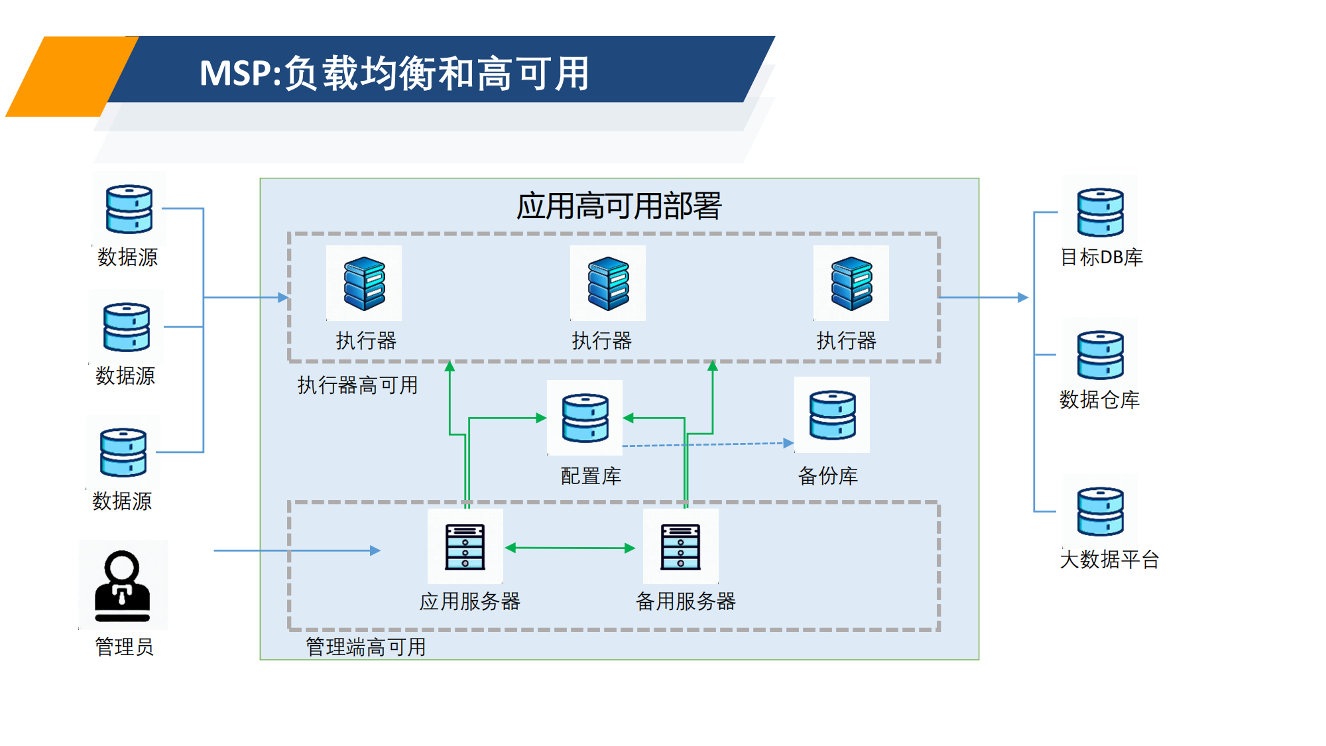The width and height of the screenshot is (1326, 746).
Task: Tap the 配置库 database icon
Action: pyautogui.click(x=585, y=418)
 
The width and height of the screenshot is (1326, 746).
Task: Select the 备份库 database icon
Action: pyautogui.click(x=832, y=415)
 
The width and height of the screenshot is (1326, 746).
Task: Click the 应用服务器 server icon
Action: pyautogui.click(x=465, y=546)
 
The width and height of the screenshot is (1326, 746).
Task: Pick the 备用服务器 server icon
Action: pyautogui.click(x=680, y=546)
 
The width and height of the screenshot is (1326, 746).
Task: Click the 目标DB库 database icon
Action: pyautogui.click(x=1100, y=212)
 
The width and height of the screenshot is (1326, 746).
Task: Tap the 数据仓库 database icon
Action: pyautogui.click(x=1100, y=355)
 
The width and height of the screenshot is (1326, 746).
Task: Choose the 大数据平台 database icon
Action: pyautogui.click(x=1100, y=511)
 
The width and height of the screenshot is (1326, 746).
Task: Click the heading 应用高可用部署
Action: pyautogui.click(x=619, y=206)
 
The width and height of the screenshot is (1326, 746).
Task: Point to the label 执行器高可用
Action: pyautogui.click(x=357, y=385)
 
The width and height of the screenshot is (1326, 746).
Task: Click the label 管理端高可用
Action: pyautogui.click(x=365, y=647)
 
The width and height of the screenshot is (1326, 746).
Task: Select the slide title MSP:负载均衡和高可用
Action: pyautogui.click(x=394, y=73)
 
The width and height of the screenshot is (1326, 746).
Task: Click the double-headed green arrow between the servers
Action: pyautogui.click(x=570, y=548)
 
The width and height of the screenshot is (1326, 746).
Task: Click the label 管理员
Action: pyautogui.click(x=124, y=647)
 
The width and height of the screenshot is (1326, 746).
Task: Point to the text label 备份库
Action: pyautogui.click(x=828, y=475)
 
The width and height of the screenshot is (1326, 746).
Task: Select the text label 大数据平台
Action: pyautogui.click(x=1109, y=559)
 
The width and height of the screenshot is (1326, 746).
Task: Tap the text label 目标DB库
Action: pyautogui.click(x=1101, y=257)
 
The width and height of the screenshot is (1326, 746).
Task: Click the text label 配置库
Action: pyautogui.click(x=591, y=475)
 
